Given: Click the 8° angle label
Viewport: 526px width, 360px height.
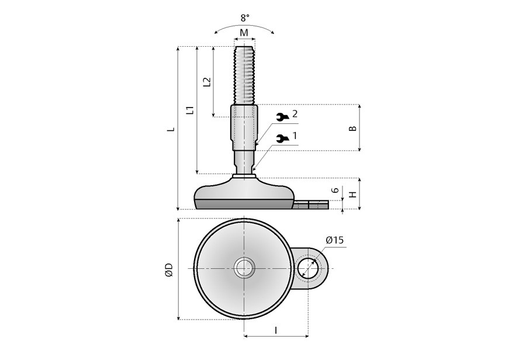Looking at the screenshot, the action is pyautogui.click(x=245, y=18).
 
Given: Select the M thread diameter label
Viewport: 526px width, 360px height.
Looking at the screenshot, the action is pyautogui.click(x=244, y=33).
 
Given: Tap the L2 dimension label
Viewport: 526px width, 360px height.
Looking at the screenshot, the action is pyautogui.click(x=207, y=82).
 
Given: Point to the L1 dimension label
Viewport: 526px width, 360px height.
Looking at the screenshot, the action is pyautogui.click(x=190, y=110).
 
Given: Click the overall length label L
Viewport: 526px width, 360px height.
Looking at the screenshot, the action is pyautogui.click(x=171, y=129).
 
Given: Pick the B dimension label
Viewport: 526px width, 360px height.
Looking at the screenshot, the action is pyautogui.click(x=352, y=128).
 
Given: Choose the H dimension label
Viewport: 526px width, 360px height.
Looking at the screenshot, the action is pyautogui.click(x=352, y=195).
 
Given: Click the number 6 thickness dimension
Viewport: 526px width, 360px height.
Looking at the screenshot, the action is pyautogui.click(x=335, y=191).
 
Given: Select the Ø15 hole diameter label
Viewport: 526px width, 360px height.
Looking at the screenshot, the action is pyautogui.click(x=335, y=240).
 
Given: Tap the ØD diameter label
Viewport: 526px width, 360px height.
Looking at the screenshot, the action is pyautogui.click(x=169, y=270).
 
